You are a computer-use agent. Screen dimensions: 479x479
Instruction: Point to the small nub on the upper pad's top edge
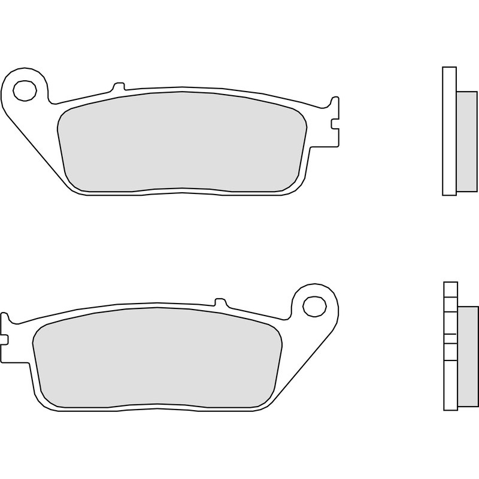tap(118, 86)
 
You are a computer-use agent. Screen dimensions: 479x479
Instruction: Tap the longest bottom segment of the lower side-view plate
tap(450, 383)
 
